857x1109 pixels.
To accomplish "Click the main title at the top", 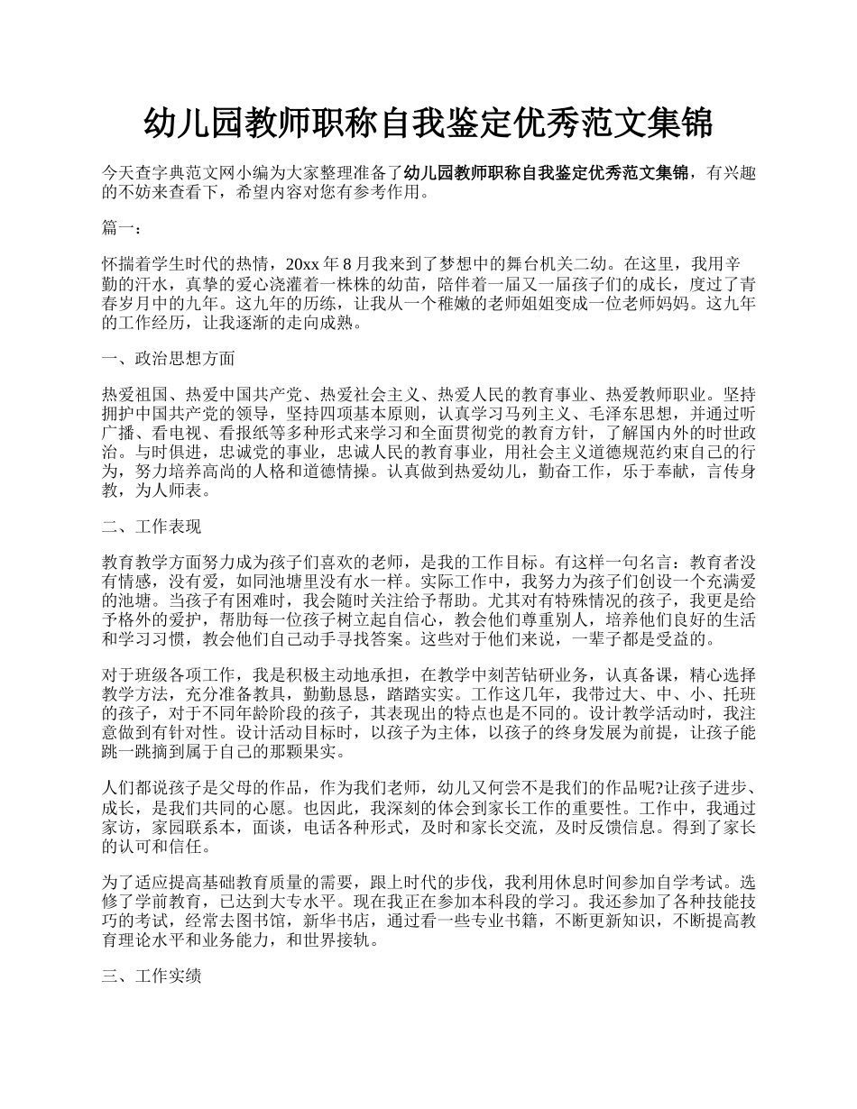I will (x=428, y=124).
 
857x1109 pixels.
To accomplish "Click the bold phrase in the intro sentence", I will (x=548, y=173).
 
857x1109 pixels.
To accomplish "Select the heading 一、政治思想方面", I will (x=169, y=359).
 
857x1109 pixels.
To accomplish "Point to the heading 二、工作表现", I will (x=152, y=527).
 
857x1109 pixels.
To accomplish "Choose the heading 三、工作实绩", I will (x=152, y=976).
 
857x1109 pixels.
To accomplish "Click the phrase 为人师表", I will (x=176, y=491).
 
